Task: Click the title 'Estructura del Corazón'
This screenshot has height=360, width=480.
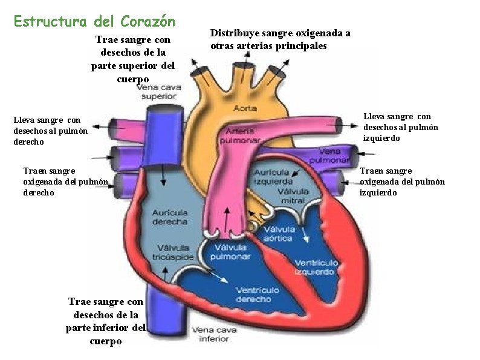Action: (94, 22)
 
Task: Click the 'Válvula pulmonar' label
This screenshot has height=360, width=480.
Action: (230, 252)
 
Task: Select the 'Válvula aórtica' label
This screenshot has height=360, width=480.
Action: (279, 234)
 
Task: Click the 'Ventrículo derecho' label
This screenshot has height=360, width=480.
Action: (257, 295)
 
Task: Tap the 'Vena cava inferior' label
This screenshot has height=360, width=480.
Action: (210, 335)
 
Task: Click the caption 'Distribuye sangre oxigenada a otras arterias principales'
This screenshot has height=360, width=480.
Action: (280, 39)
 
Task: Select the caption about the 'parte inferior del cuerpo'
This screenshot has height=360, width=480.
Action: (106, 321)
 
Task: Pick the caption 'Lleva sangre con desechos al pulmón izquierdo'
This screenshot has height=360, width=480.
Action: (401, 127)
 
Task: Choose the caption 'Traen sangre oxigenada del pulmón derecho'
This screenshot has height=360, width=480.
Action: (65, 182)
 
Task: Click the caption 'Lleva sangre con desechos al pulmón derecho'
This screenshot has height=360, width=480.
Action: (51, 131)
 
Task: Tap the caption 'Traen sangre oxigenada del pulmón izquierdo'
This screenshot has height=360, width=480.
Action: (402, 182)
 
